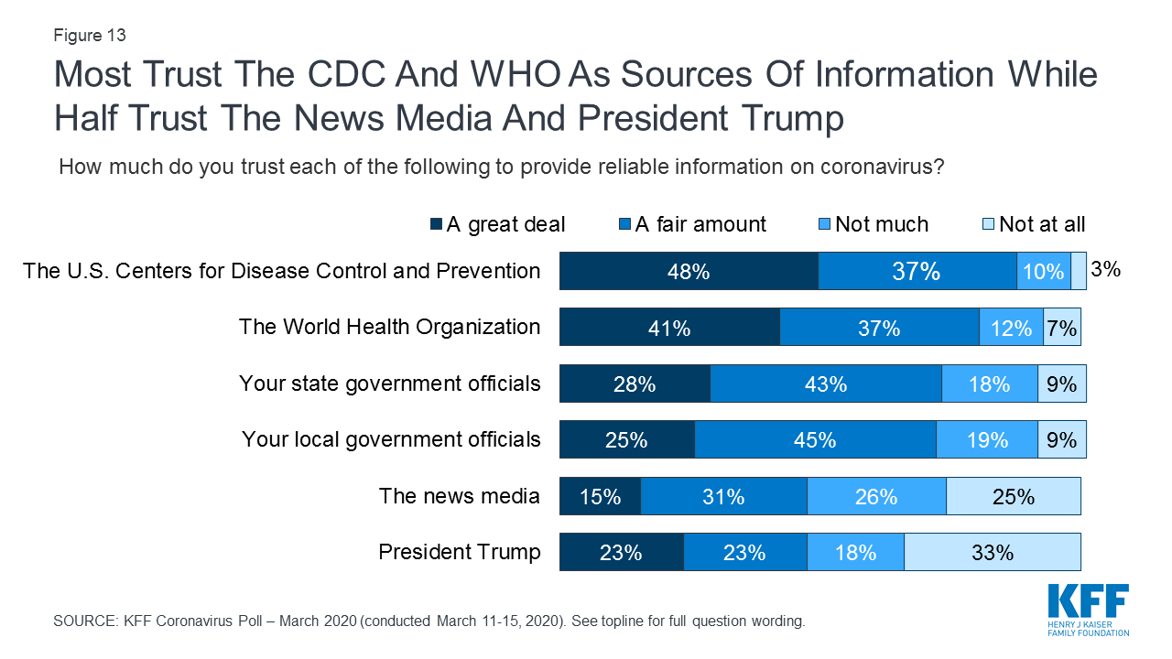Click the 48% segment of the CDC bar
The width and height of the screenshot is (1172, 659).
pyautogui.click(x=689, y=271)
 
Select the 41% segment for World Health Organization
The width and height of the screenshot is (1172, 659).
pyautogui.click(x=669, y=327)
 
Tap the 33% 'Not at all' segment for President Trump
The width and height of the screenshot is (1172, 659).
pyautogui.click(x=993, y=552)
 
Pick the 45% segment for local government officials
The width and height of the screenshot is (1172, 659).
pyautogui.click(x=815, y=439)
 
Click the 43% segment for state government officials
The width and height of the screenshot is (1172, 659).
pyautogui.click(x=825, y=384)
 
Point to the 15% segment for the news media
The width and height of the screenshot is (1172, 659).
pyautogui.click(x=600, y=496)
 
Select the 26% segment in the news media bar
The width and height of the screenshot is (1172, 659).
pyautogui.click(x=876, y=496)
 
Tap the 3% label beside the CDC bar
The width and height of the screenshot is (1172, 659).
pyautogui.click(x=1105, y=270)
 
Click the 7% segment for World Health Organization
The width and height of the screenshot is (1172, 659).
pyautogui.click(x=1062, y=327)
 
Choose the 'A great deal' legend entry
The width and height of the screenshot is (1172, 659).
pyautogui.click(x=497, y=224)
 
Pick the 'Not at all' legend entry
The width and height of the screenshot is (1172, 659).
pyautogui.click(x=1032, y=224)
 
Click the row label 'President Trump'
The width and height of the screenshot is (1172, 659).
pyautogui.click(x=460, y=552)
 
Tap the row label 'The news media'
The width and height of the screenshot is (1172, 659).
pyautogui.click(x=460, y=496)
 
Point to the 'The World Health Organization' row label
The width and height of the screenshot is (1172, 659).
pyautogui.click(x=389, y=327)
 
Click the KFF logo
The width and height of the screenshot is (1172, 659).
pyautogui.click(x=1088, y=609)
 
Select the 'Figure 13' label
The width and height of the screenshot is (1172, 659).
pyautogui.click(x=90, y=36)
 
